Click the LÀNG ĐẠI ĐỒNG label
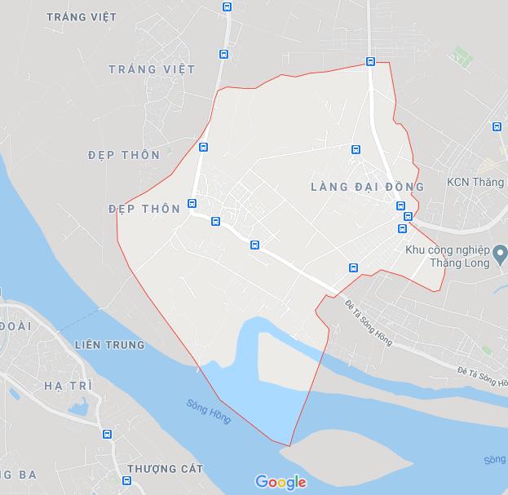coord(367,187)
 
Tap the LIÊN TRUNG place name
coord(109,345)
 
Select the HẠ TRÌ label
coord(64,386)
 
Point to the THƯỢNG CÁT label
coord(165,469)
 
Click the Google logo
coord(281,482)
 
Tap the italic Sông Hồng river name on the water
coord(208,410)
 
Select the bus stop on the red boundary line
coord(370,61)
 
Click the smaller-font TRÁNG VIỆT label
coord(82,17)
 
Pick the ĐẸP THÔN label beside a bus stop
coord(144,209)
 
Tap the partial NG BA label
coord(18,475)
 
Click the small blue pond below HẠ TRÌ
coord(77,407)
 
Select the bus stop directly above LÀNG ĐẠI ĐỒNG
coord(356,149)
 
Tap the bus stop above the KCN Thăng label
coord(497,126)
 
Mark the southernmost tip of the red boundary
coord(289,446)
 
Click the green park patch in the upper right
coord(462,55)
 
